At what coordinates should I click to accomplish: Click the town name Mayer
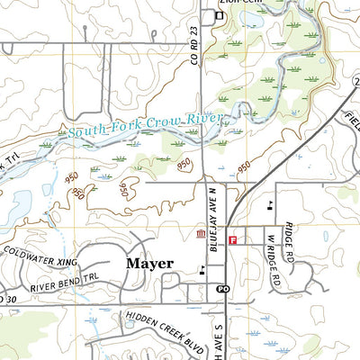149,264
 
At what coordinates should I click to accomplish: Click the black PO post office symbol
222,289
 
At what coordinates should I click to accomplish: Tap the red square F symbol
232,240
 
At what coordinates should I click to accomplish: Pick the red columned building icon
199,236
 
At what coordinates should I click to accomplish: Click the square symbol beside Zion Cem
218,15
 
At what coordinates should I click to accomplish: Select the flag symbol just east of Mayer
202,268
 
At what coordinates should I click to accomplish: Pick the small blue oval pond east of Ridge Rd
326,237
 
